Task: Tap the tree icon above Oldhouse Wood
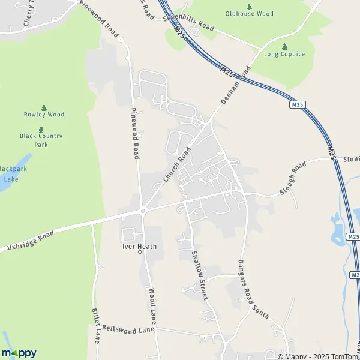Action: [248, 6]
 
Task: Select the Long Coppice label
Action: [284, 54]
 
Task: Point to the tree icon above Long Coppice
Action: [284, 46]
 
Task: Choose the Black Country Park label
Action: [41, 140]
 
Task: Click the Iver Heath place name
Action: [140, 246]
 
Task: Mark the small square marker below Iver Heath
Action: [140, 253]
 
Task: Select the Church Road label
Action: [177, 164]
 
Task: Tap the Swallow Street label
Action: [200, 275]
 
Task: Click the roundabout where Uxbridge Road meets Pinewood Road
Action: [143, 211]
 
